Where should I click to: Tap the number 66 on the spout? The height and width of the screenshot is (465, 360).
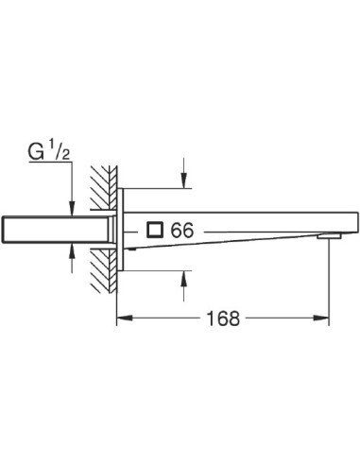tap(180, 229)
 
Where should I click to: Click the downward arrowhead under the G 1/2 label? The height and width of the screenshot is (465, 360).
tap(72, 204)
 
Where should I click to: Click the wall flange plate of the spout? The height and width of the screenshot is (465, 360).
tap(120, 228)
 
